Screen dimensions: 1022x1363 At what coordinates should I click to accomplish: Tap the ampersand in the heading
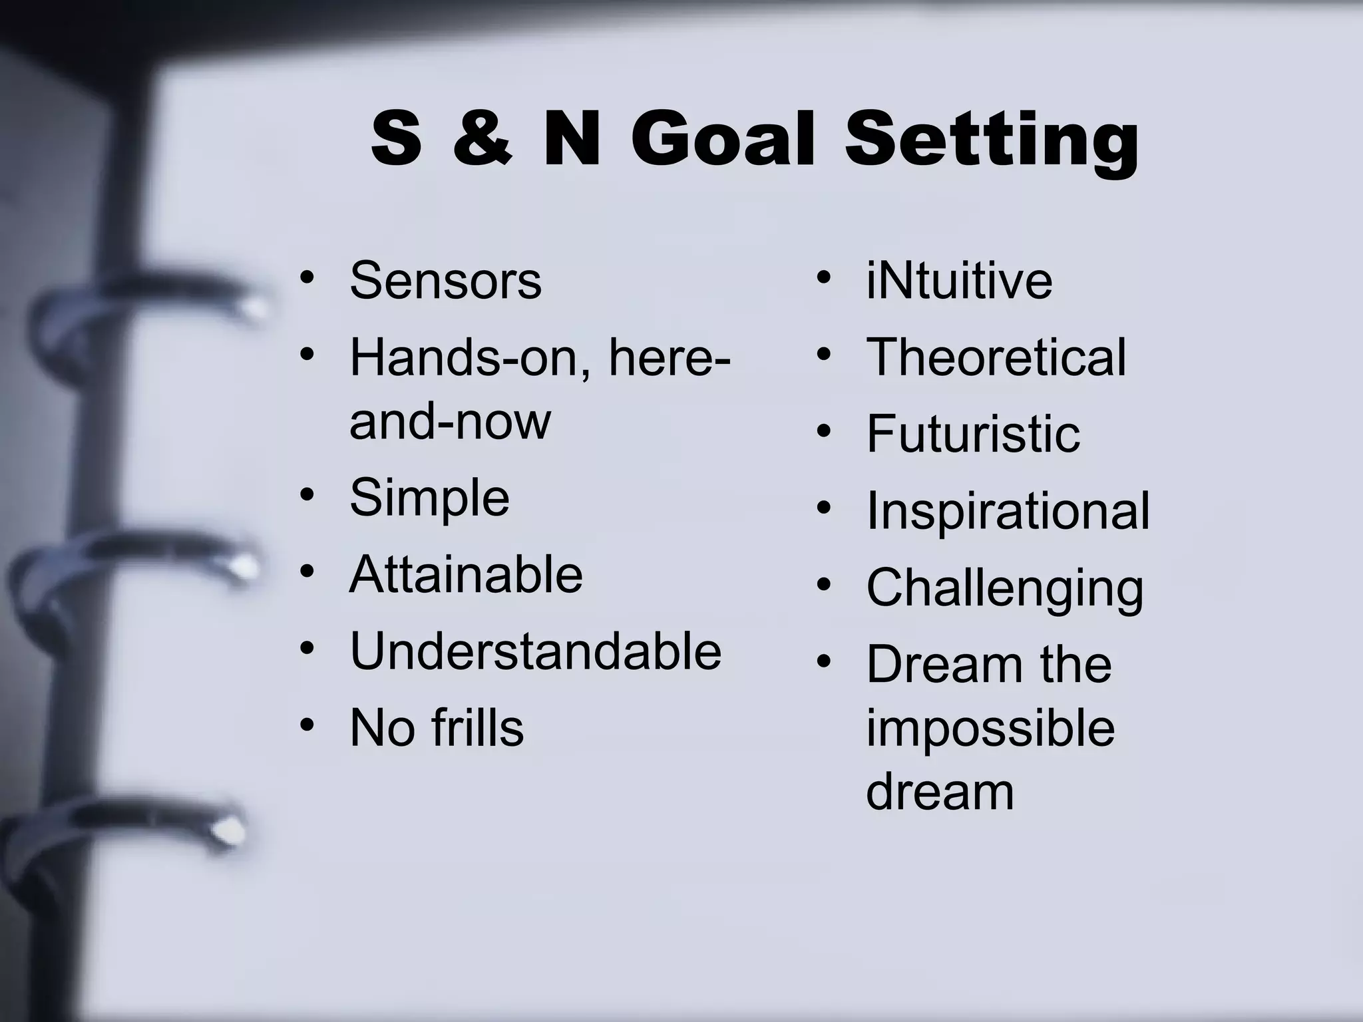click(x=483, y=140)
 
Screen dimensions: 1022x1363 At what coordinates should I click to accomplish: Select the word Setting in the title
click(x=992, y=142)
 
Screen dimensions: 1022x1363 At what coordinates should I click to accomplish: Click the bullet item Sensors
click(x=445, y=281)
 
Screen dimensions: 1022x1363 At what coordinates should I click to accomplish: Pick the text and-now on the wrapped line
click(x=450, y=421)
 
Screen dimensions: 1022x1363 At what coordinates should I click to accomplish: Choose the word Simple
click(x=429, y=498)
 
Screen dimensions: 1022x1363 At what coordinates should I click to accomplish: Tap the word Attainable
click(x=466, y=574)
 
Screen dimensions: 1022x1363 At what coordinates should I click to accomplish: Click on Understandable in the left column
click(x=535, y=651)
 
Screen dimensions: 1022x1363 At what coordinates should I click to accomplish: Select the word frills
click(x=477, y=728)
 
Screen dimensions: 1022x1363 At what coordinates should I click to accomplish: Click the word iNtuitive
click(x=959, y=281)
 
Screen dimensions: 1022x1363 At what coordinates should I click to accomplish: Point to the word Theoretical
click(x=996, y=357)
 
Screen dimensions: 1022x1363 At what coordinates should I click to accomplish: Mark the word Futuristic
click(x=973, y=434)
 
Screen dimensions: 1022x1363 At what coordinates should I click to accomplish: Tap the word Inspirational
click(x=1008, y=511)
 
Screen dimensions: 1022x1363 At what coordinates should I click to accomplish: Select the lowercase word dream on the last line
click(x=940, y=792)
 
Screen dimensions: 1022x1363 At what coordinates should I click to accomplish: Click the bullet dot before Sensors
click(x=306, y=277)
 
